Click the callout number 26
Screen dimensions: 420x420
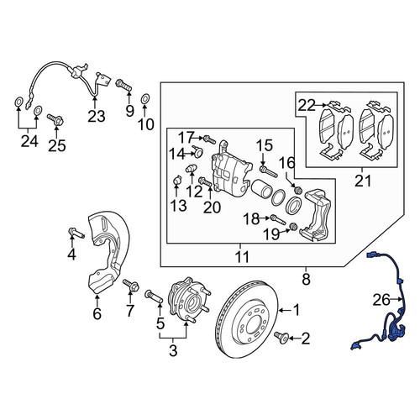[381, 300]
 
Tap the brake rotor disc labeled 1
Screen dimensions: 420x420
[248, 319]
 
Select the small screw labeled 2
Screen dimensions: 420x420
[281, 337]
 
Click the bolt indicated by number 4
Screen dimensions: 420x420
[76, 233]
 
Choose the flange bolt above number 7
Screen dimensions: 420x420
[130, 285]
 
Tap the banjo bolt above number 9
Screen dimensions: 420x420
[123, 85]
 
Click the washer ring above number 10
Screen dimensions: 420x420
[144, 98]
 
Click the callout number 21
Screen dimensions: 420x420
[363, 181]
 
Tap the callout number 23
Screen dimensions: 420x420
[97, 116]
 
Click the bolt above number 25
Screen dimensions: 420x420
[56, 120]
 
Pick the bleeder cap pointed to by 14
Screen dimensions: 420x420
[197, 151]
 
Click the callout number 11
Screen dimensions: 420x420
[242, 257]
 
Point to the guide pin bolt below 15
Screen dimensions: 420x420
[268, 171]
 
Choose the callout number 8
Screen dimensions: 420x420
[306, 279]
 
